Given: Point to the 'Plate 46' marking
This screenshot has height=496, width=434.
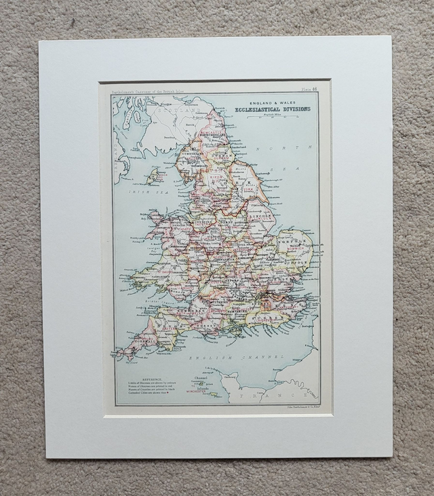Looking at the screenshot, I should (317, 89).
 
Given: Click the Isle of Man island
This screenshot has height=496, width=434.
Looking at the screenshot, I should (157, 178).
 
